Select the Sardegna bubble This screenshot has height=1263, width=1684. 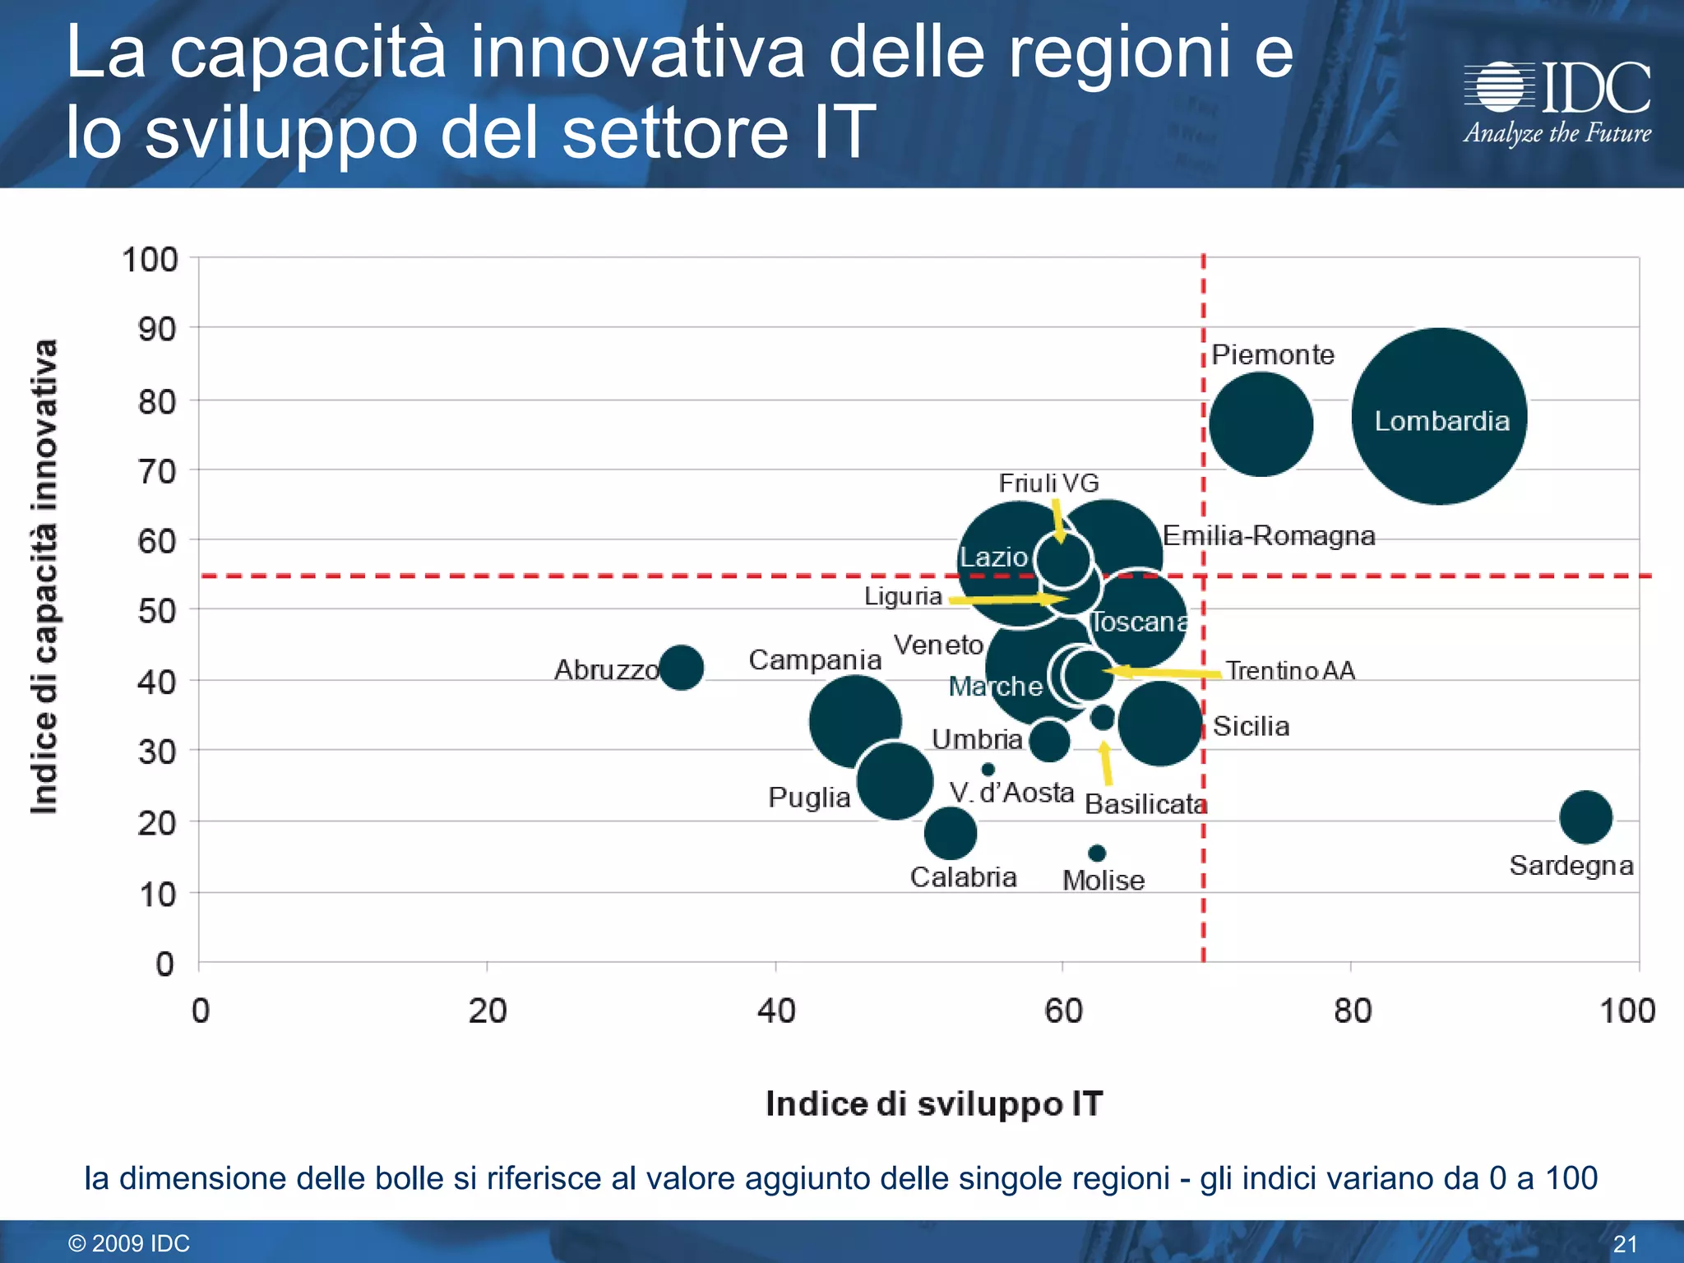[x=1585, y=817]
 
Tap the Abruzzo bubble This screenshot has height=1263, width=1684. [x=681, y=667]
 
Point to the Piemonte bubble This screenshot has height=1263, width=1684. [x=1261, y=424]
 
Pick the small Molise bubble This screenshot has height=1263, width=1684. [x=1097, y=854]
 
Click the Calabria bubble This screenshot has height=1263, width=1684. [x=950, y=832]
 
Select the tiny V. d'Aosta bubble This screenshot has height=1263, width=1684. [x=988, y=770]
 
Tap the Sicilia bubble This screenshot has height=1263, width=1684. [x=1160, y=724]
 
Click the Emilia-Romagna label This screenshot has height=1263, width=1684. [x=1269, y=536]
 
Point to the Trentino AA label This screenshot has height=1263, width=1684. [x=1290, y=671]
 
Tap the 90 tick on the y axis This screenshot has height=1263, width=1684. [x=156, y=330]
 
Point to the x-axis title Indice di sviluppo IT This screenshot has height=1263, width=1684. [x=933, y=1103]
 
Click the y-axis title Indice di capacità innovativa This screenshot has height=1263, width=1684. [x=44, y=576]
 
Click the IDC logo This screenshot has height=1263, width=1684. [x=1557, y=103]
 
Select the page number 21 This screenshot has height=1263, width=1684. [x=1625, y=1243]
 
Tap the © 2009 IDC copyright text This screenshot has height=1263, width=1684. [x=129, y=1243]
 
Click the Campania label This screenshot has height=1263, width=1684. [x=814, y=659]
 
